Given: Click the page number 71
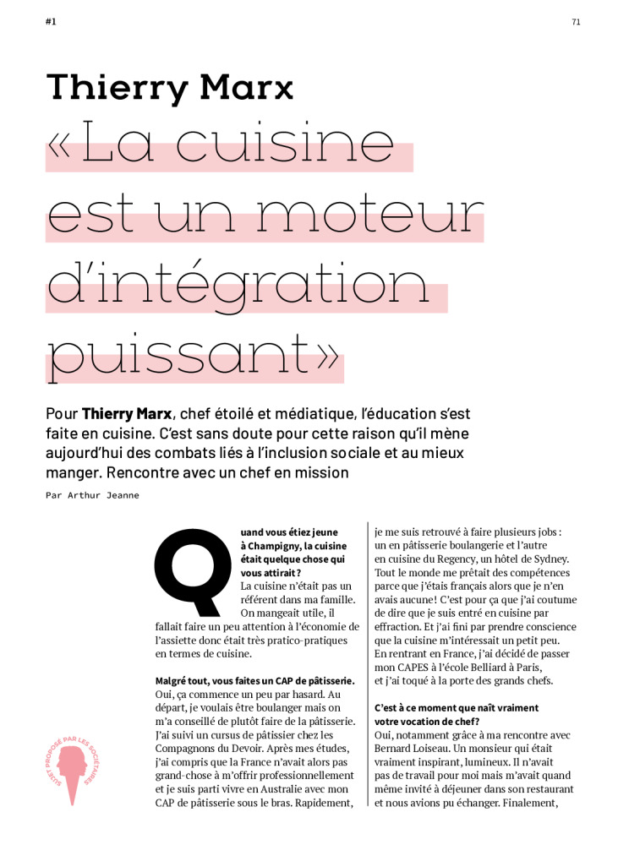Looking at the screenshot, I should (x=576, y=22).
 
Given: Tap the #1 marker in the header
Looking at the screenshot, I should (x=51, y=22).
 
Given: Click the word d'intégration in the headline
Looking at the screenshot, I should (x=245, y=286).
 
